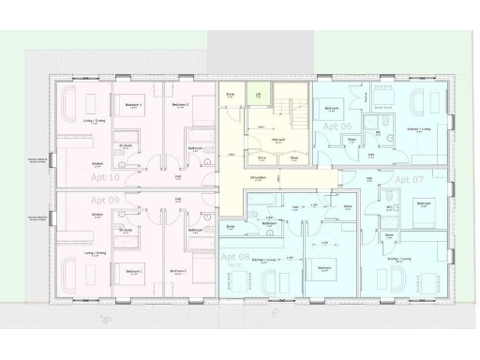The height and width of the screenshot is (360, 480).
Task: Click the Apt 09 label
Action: (x=104, y=200)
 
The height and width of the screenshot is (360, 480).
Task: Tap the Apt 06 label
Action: (x=337, y=126)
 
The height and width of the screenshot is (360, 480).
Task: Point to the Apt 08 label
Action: (x=234, y=255)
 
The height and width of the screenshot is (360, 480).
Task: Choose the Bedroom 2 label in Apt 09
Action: (x=178, y=271)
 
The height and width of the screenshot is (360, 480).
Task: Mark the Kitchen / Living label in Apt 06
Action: (x=419, y=130)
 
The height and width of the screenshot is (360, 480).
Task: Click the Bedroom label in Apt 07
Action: (x=423, y=203)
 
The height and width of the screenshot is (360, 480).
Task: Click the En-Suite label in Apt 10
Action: (x=124, y=147)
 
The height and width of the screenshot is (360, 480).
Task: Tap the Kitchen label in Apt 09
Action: (x=97, y=215)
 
